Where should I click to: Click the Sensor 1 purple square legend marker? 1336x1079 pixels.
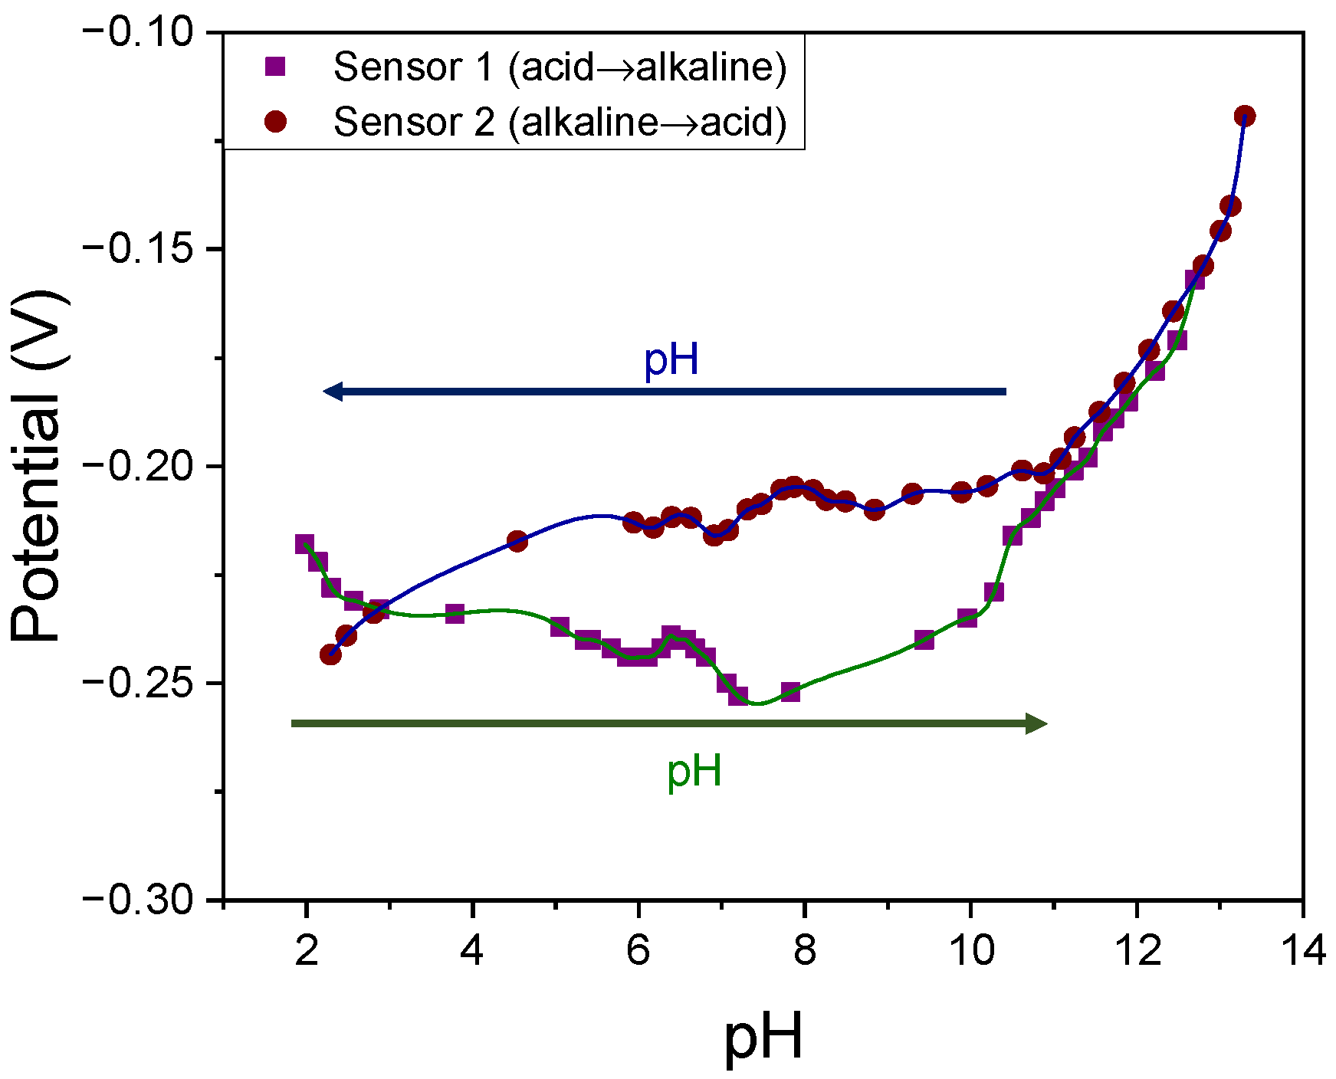pos(274,67)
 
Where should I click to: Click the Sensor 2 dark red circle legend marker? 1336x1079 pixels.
pos(274,122)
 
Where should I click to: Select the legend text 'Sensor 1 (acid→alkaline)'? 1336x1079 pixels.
pos(560,67)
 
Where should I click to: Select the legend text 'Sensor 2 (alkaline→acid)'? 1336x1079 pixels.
pos(560,122)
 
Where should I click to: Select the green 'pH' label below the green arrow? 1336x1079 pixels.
pos(694,771)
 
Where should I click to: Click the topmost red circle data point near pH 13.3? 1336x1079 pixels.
pos(1245,116)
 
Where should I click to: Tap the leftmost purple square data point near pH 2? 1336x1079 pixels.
pos(304,544)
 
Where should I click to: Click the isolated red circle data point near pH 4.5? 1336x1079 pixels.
pos(517,542)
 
